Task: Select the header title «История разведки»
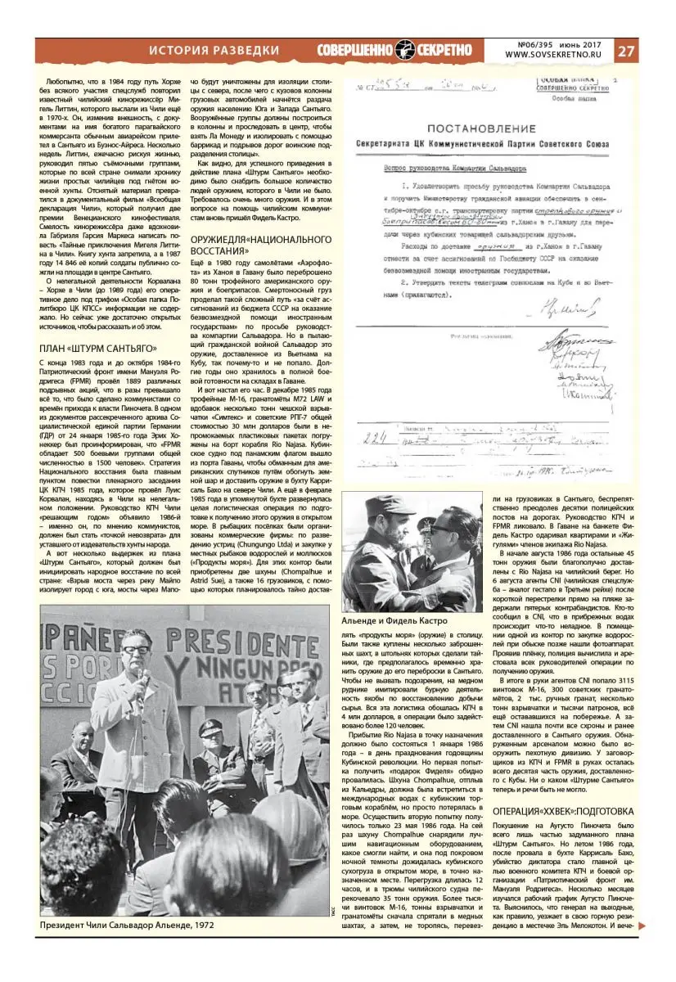coord(214,51)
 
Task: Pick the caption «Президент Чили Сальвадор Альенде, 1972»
coord(127,925)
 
